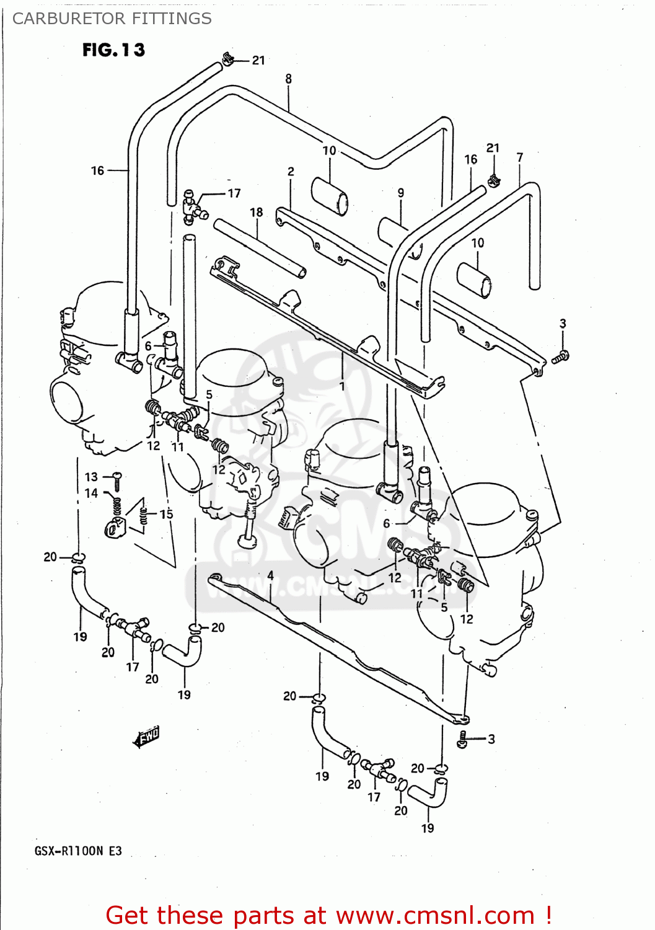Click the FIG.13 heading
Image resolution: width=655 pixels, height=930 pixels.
(x=113, y=50)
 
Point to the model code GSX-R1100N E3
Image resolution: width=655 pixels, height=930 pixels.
(x=78, y=851)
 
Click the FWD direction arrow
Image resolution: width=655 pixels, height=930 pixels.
(x=147, y=736)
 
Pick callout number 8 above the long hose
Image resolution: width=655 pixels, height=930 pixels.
(x=288, y=79)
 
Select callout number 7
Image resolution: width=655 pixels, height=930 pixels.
(x=520, y=157)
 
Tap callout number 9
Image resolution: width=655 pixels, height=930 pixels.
(x=401, y=193)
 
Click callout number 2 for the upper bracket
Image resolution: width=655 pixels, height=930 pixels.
(x=291, y=172)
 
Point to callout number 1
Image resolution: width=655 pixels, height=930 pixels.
(x=342, y=386)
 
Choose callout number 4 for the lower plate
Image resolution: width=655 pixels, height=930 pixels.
(x=270, y=575)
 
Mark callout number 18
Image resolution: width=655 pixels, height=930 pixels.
(x=257, y=212)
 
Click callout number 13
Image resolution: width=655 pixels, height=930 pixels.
(x=91, y=477)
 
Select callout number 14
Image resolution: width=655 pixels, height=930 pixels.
(x=91, y=493)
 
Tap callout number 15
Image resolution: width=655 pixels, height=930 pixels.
(x=166, y=514)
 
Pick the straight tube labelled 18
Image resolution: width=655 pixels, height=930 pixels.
(x=260, y=248)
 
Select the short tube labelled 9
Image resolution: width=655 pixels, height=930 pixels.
(x=397, y=236)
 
